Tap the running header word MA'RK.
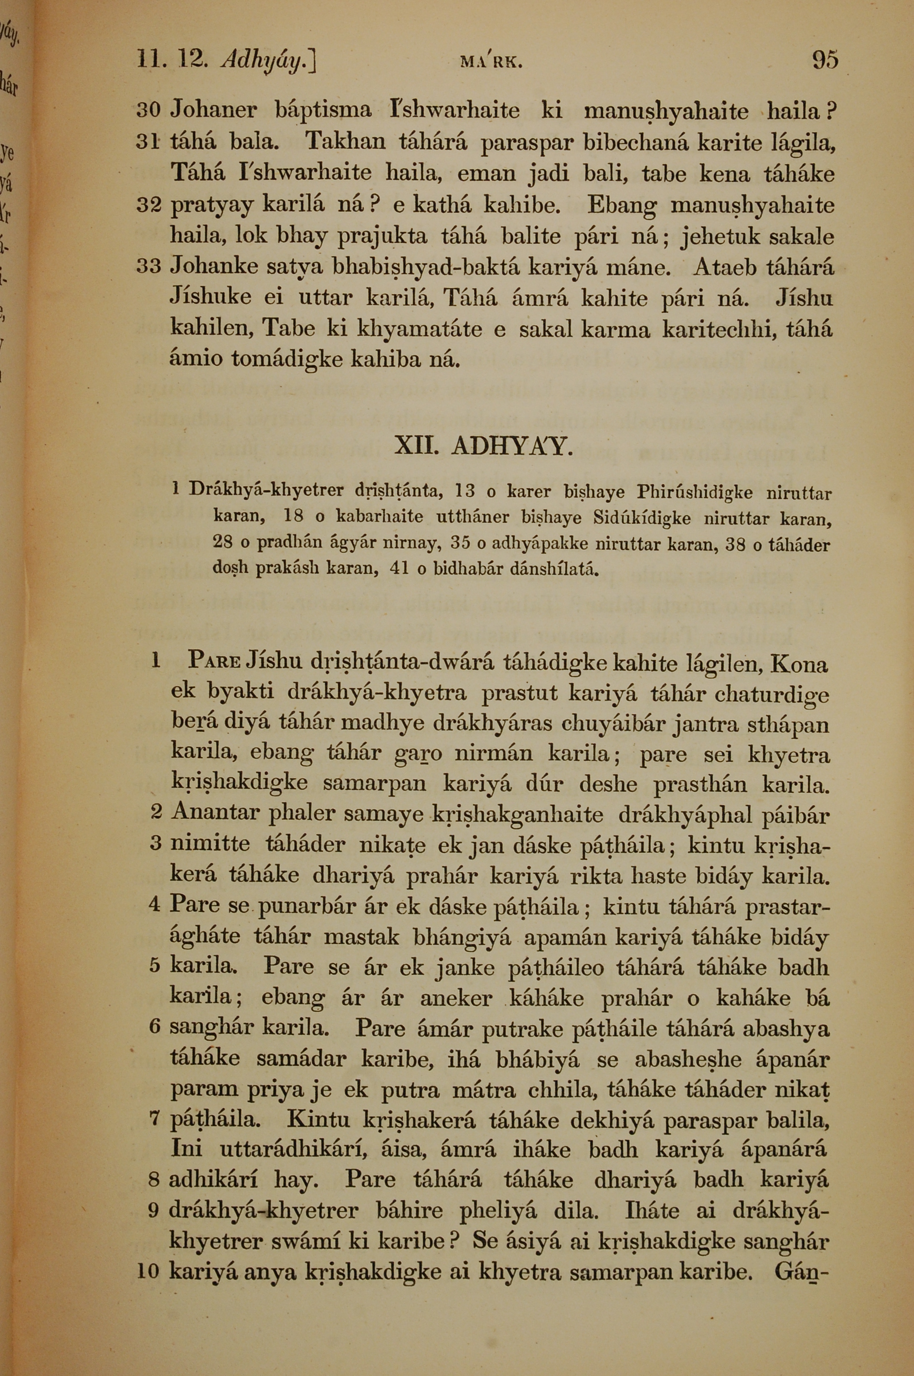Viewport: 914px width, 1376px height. [x=491, y=62]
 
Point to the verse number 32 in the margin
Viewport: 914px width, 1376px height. [x=150, y=206]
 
